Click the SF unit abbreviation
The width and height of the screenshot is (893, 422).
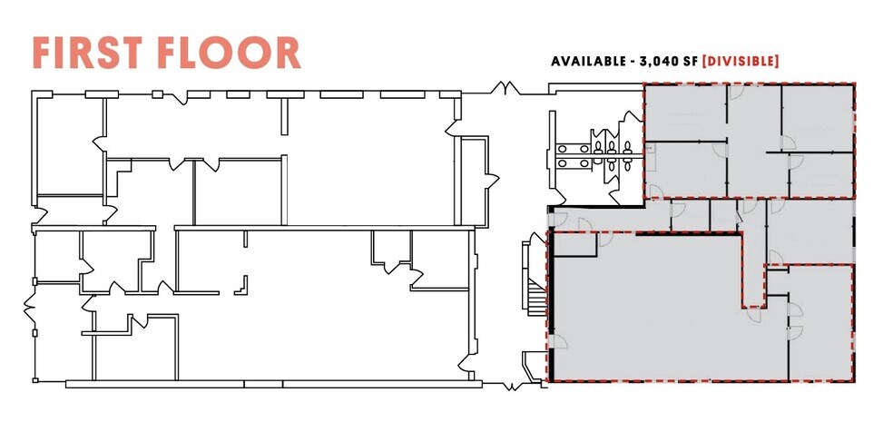point(704,62)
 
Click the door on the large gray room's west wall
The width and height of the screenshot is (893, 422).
point(556,343)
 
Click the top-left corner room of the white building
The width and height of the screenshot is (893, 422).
point(69,145)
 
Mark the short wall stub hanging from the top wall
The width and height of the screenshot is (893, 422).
point(285,113)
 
